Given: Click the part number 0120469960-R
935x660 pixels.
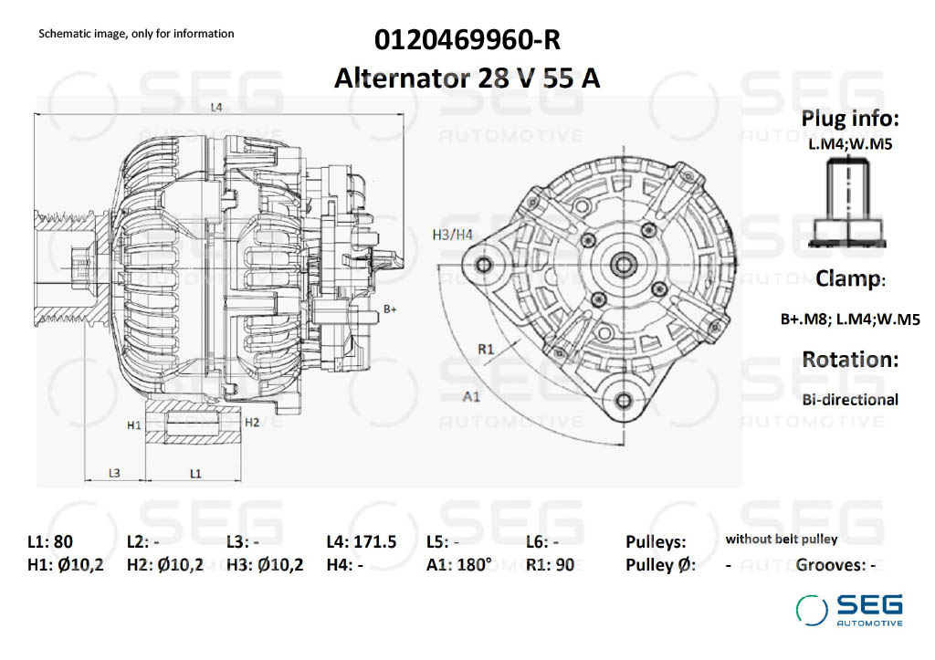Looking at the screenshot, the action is pos(467,41).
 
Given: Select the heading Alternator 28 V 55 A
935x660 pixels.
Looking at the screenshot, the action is pos(467,78).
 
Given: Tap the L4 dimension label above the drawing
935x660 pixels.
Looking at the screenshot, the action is pos(216,107).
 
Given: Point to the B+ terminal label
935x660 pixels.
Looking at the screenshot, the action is pos(390,309).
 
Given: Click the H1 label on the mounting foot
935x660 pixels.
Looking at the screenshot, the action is pos(134,424).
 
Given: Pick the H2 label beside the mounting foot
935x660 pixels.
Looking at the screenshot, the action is pos(253,422).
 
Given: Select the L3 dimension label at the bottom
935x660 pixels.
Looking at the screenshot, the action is pos(114,472).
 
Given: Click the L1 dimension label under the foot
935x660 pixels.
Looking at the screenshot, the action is pos(195,472).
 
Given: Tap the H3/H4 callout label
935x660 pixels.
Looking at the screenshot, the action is pos(452,235).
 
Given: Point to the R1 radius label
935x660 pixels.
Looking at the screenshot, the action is pos(486,349).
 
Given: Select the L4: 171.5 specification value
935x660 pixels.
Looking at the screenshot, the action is pos(361,541).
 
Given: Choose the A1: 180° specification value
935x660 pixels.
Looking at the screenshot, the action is pos(458,564).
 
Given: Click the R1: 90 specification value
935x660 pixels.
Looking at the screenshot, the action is pos(551,564).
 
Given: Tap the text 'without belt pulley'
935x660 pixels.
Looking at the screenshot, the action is pos(781,540).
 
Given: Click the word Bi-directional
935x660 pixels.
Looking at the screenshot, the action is pos(850,399).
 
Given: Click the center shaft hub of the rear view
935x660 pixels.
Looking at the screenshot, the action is pos(625,265).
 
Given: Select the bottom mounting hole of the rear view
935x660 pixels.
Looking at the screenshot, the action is pos(624,400).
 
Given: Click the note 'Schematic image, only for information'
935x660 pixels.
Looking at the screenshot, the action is pos(136,34).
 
